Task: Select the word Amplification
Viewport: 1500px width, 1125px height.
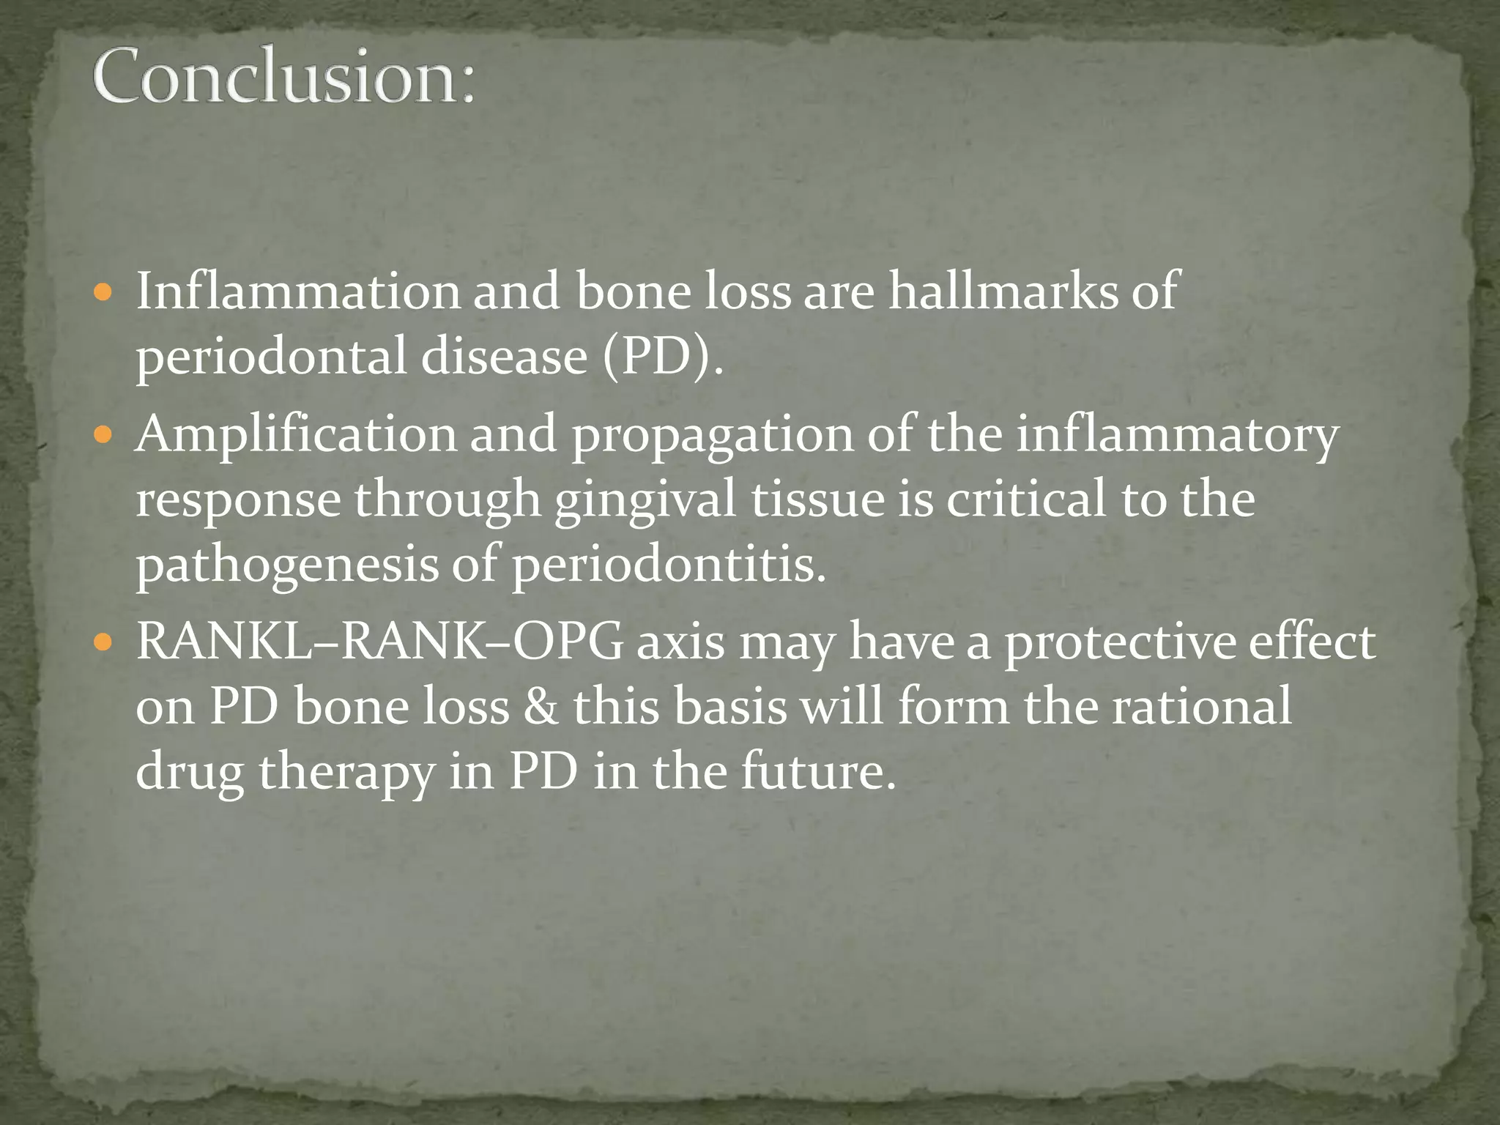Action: coord(296,434)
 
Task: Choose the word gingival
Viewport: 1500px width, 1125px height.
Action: coord(645,501)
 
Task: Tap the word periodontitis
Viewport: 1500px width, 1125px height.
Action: coord(668,565)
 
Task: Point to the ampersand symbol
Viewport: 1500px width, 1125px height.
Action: coord(541,708)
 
